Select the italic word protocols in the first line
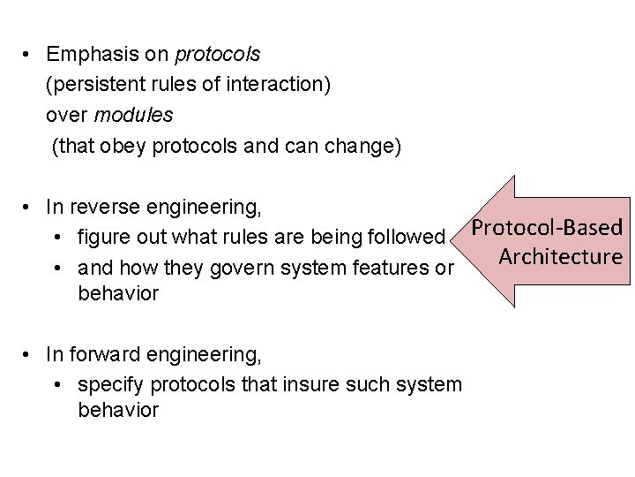point(218,54)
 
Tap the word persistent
point(95,85)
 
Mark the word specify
point(109,385)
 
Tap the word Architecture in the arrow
point(561,256)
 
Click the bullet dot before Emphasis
point(30,54)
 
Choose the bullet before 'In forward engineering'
point(30,355)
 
